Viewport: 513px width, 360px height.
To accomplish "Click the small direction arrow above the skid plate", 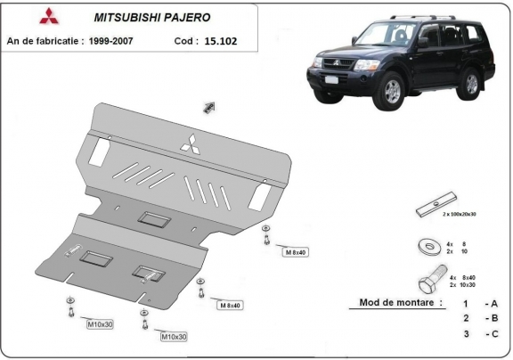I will coord(211,107).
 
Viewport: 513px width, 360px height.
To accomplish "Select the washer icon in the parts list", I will coord(427,244).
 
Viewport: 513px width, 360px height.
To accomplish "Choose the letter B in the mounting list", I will coord(492,318).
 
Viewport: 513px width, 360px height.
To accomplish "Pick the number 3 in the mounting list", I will coord(465,333).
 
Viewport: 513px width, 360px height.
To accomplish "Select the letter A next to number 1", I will coord(492,303).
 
